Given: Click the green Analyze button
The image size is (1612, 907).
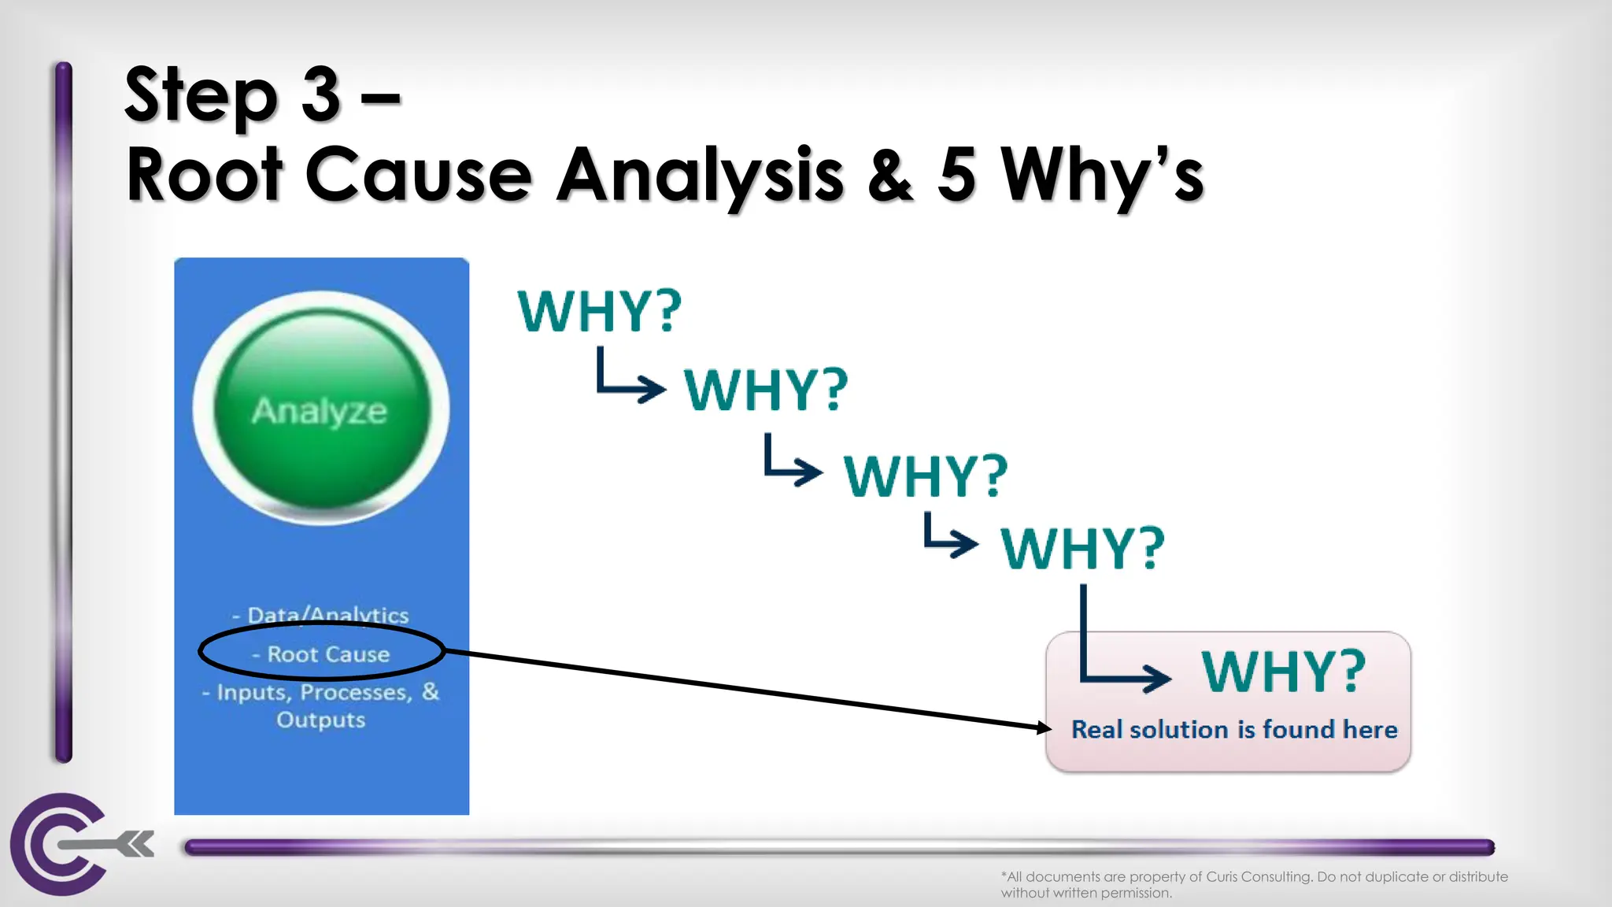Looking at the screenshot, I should [321, 409].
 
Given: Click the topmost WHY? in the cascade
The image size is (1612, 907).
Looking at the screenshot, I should [599, 311].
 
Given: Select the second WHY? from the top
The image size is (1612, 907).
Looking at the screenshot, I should [765, 390].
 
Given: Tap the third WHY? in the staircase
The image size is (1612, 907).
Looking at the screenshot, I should [925, 476].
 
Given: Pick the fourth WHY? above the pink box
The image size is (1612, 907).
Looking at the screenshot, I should [1082, 548].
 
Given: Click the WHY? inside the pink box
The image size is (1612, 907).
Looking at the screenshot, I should [1283, 672].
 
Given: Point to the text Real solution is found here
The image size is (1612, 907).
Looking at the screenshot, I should [1233, 730].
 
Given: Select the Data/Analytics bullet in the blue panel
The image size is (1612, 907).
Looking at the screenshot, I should [321, 615].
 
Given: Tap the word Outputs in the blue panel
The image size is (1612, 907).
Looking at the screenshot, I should [321, 720].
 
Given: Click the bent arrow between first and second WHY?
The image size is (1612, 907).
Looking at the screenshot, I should [628, 378].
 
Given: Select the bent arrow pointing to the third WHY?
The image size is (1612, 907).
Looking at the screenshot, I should [791, 462].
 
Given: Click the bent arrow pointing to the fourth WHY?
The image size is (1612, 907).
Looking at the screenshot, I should [948, 535].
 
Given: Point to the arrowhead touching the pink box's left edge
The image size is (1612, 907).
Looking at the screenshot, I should [1044, 727].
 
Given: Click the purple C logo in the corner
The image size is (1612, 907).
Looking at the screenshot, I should [59, 844].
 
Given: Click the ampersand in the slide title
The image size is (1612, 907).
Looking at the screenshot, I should [891, 175].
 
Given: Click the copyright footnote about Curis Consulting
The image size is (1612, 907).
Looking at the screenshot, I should [1253, 884].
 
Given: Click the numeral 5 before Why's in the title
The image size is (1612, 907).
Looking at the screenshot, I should [957, 175].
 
